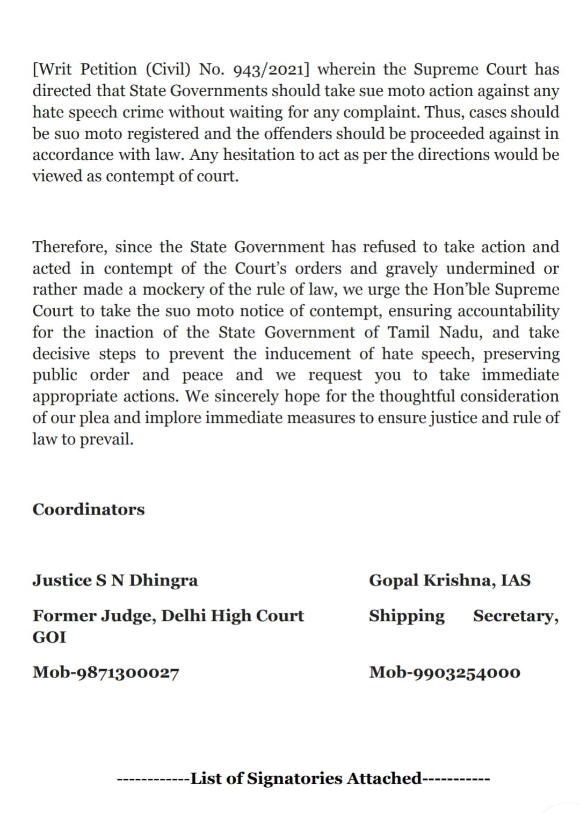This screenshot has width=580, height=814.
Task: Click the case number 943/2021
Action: pos(272,70)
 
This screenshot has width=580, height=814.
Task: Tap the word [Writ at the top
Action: pos(55,70)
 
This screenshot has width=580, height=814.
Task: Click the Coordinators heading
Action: pos(89,509)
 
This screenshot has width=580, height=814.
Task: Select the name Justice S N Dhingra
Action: pos(115,580)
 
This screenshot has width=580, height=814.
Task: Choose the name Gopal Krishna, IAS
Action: pos(450,580)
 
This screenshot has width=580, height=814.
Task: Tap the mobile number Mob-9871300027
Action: pos(106,672)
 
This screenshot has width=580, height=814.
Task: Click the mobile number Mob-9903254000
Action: pos(445,672)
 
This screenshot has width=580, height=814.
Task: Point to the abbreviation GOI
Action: pos(49,637)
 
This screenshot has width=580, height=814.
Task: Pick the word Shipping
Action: pos(407,616)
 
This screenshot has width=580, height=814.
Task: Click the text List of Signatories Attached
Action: pos(307,778)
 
